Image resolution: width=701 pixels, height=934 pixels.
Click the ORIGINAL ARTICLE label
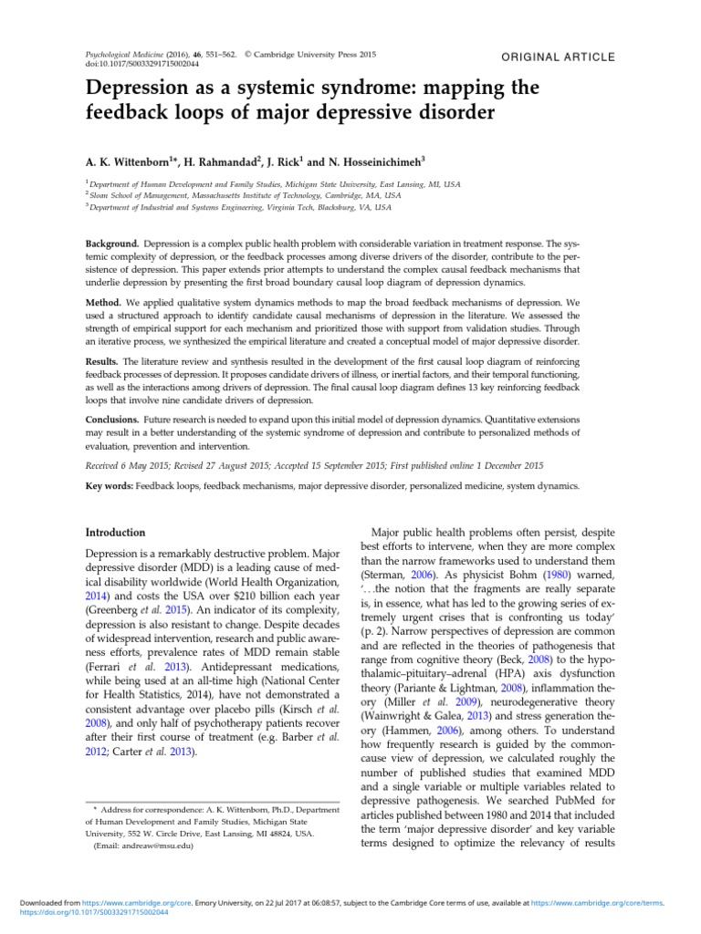click(559, 57)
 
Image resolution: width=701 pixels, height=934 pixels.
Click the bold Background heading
click(112, 245)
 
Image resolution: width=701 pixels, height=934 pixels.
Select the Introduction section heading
click(115, 532)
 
